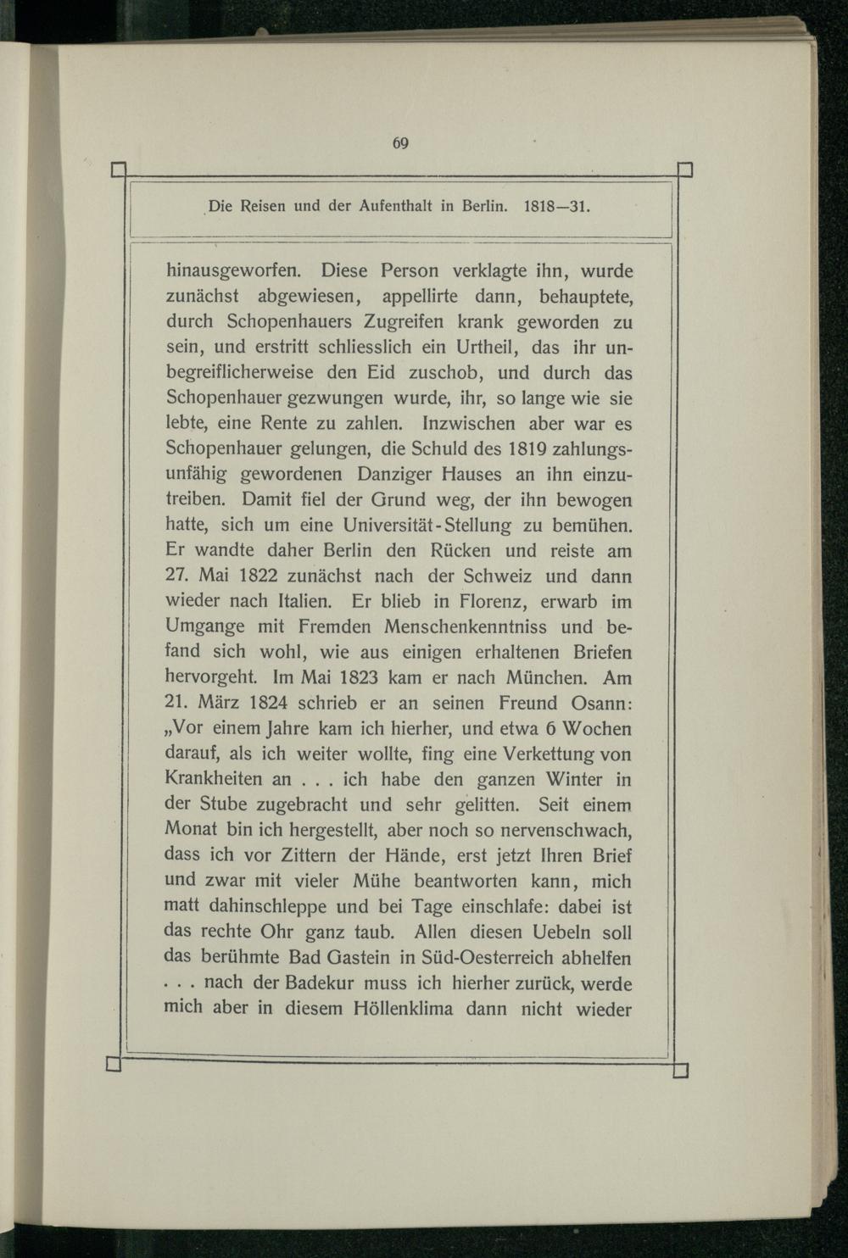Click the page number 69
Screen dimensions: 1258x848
click(x=401, y=143)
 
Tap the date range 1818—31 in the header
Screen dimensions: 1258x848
click(x=558, y=206)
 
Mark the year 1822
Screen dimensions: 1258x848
click(x=254, y=576)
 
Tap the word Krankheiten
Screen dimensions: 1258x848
click(x=215, y=779)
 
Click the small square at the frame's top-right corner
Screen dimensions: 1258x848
click(x=685, y=169)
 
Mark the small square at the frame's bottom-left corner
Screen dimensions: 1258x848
click(x=114, y=1064)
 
